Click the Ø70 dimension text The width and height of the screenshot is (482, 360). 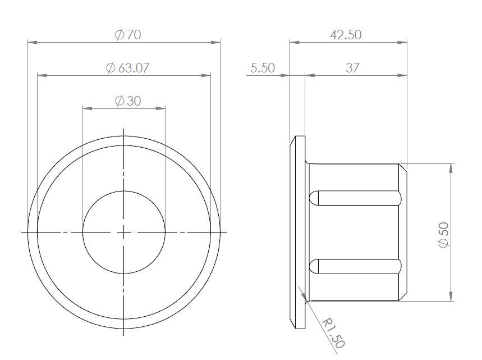click(128, 35)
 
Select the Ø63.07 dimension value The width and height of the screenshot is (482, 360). click(127, 68)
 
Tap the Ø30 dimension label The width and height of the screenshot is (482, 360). click(128, 101)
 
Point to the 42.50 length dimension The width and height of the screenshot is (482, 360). click(346, 35)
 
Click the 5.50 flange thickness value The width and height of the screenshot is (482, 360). click(262, 68)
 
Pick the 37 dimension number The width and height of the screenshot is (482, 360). click(352, 68)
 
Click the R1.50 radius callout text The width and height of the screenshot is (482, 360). click(333, 332)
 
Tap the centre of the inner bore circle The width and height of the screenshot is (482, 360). click(123, 231)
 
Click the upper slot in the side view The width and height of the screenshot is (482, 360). click(356, 198)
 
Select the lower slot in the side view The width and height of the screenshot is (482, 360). click(356, 266)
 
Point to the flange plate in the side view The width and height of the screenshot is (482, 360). click(298, 231)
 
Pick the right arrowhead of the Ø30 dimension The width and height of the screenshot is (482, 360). click(162, 108)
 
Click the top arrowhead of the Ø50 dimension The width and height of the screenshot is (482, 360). click(451, 167)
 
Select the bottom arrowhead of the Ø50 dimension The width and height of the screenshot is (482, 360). click(451, 298)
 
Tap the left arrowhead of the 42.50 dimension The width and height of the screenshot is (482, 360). click(293, 42)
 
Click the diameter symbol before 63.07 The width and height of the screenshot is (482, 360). click(111, 68)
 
